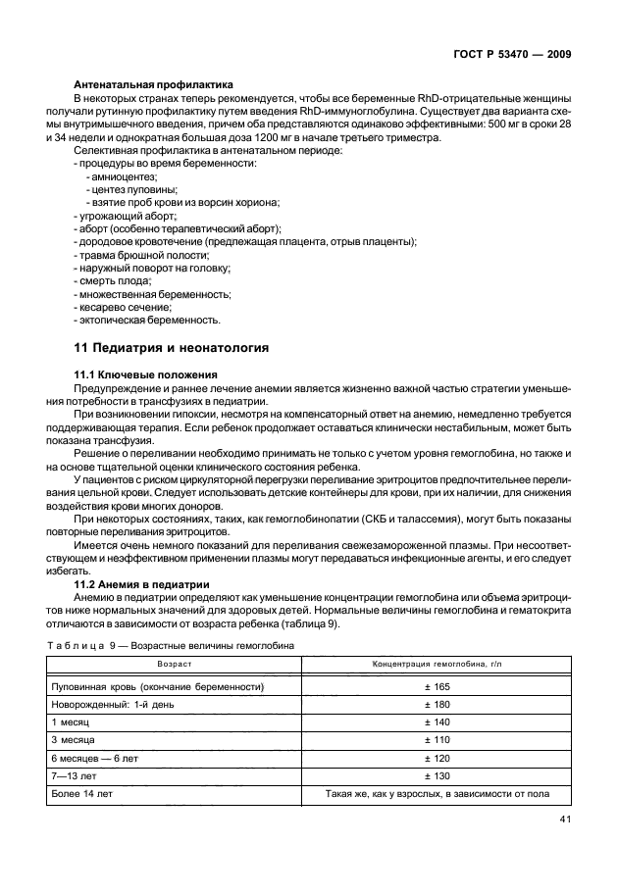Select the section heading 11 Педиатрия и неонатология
(x=171, y=347)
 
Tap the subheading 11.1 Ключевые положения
(x=139, y=375)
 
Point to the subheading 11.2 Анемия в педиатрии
(x=137, y=581)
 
